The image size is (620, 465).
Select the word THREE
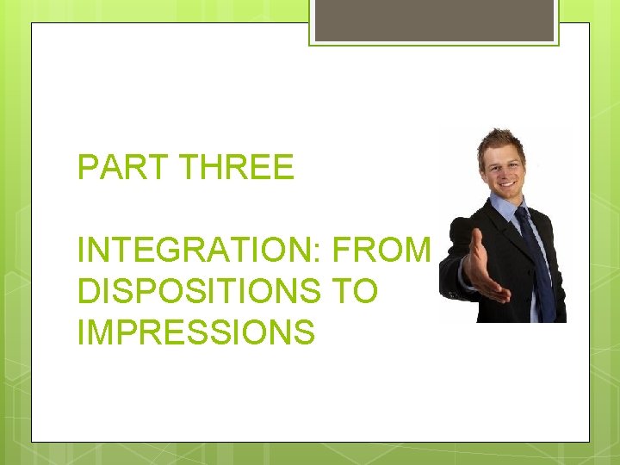pos(238,167)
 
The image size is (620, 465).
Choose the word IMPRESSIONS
pos(195,332)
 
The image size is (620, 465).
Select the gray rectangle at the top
pos(434,19)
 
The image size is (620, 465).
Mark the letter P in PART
pos(86,167)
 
